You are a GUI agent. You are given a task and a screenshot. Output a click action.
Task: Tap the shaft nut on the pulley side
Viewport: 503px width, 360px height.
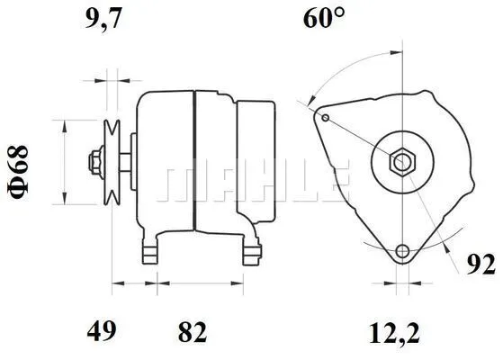tap(94, 163)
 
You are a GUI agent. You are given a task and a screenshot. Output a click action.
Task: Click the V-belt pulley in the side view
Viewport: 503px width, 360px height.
tap(112, 163)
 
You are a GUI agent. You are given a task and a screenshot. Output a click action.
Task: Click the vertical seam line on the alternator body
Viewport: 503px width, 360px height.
tap(195, 162)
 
